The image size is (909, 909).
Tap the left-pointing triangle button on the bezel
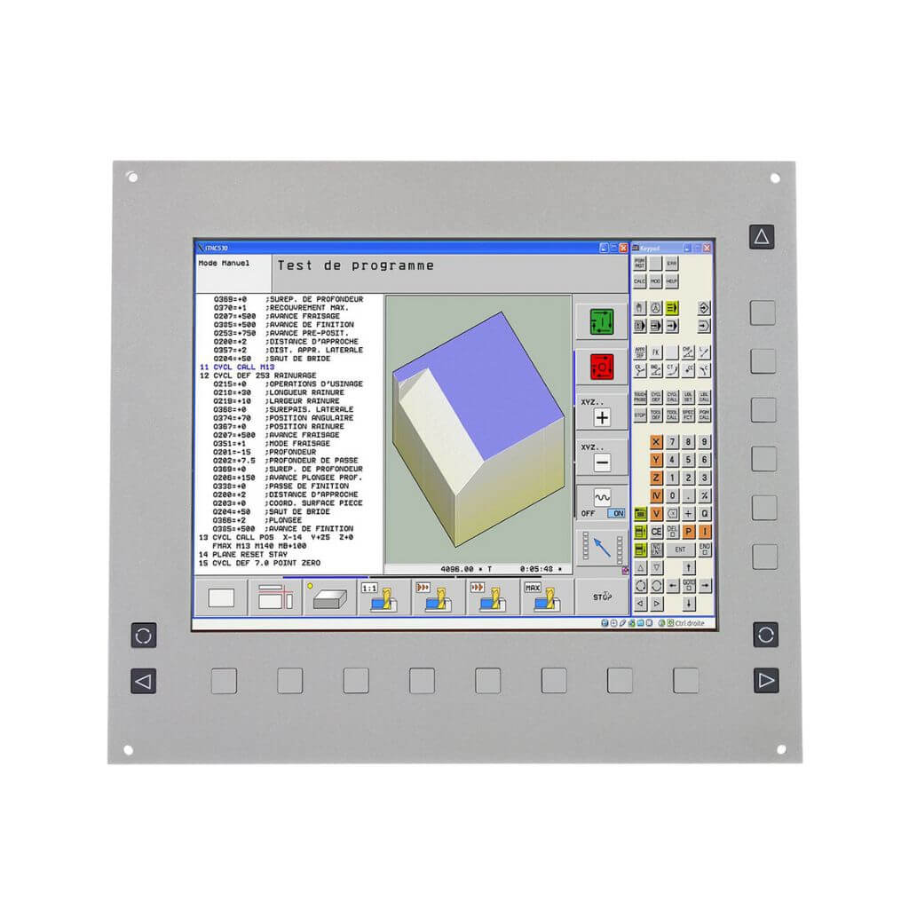click(143, 681)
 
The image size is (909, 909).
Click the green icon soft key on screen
click(601, 320)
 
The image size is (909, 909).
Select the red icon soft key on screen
click(601, 366)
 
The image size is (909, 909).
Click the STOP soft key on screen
click(602, 597)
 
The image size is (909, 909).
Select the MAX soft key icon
click(535, 597)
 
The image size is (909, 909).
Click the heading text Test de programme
click(355, 265)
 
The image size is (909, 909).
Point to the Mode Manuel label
click(224, 264)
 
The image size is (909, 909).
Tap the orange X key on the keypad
click(656, 442)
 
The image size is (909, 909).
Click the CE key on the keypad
click(656, 531)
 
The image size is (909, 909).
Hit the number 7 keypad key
click(673, 442)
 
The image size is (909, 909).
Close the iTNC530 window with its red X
click(623, 248)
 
